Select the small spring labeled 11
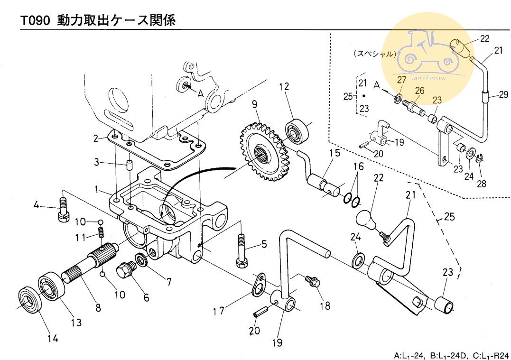click(x=101, y=233)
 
